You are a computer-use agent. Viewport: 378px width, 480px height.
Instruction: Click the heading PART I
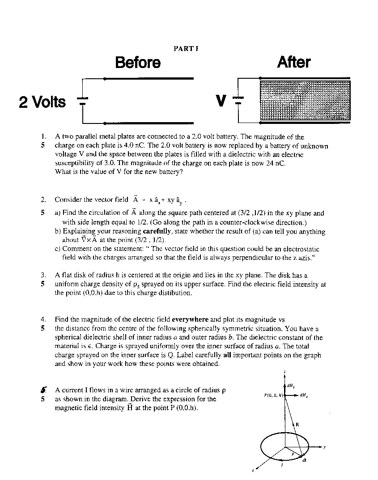(186, 48)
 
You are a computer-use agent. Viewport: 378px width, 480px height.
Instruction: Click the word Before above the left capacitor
(138, 62)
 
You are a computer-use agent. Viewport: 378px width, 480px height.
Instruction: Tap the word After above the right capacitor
(294, 62)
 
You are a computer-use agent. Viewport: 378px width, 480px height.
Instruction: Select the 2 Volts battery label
(42, 102)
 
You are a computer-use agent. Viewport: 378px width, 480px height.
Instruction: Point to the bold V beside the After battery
(221, 101)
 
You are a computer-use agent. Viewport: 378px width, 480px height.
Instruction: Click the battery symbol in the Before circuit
(84, 101)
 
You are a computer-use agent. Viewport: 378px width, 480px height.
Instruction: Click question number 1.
(43, 137)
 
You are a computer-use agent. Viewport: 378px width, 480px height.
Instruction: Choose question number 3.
(43, 275)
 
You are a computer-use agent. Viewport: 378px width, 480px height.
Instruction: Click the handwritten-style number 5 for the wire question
(42, 390)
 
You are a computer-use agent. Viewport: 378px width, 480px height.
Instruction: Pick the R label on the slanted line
(297, 423)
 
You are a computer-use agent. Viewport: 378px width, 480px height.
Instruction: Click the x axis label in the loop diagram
(253, 470)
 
